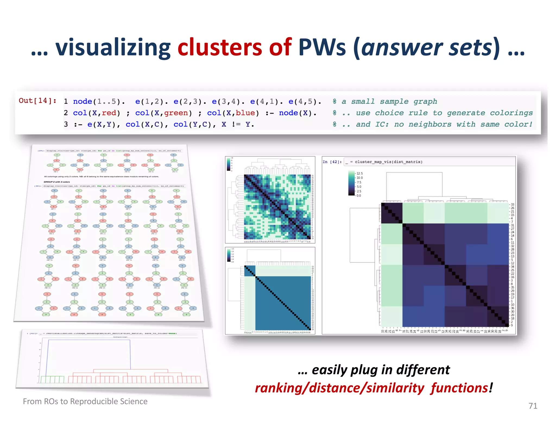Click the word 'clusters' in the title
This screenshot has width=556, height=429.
point(219,47)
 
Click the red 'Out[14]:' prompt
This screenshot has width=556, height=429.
point(37,101)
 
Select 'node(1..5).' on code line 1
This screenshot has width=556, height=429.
point(99,102)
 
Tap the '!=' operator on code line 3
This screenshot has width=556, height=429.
point(236,124)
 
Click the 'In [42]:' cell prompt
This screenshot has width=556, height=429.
point(332,162)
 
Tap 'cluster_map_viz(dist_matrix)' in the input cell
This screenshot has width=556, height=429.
point(388,162)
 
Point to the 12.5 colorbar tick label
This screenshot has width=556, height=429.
point(359,173)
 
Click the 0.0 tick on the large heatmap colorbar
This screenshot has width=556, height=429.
point(359,196)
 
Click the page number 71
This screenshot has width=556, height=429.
point(533,406)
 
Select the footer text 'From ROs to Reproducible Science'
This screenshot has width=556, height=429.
point(85,401)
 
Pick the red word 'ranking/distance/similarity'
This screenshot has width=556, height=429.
point(339,388)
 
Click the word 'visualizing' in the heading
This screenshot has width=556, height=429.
point(113,47)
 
